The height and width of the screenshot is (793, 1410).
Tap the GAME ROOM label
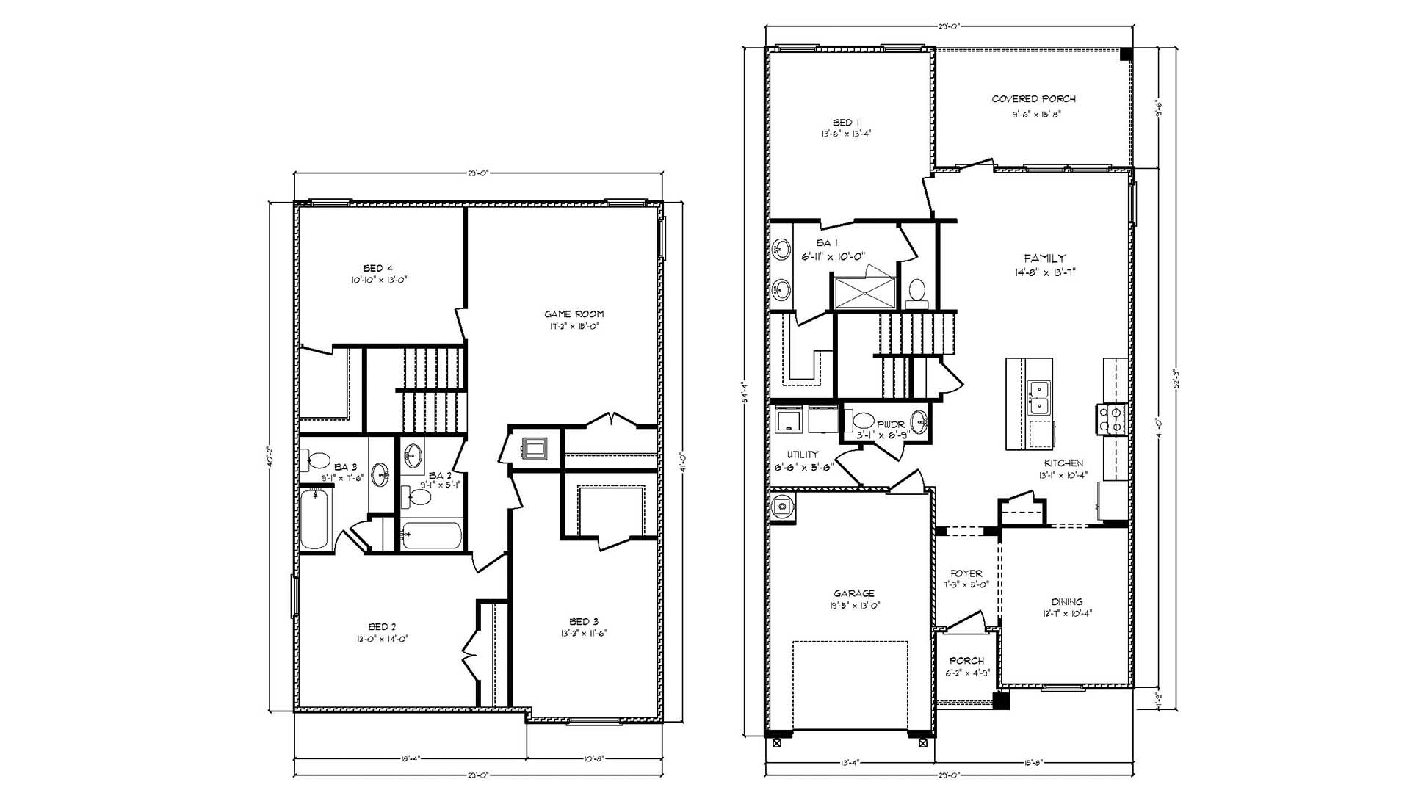click(574, 314)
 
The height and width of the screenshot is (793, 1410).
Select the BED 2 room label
click(382, 626)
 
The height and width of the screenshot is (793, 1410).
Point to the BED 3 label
click(584, 622)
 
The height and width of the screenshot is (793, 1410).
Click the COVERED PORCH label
click(1033, 99)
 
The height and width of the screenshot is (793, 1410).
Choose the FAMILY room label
click(1044, 258)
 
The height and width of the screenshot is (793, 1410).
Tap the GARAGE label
click(854, 593)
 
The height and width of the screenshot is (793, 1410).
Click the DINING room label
click(1066, 602)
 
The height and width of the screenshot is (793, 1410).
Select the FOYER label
click(966, 573)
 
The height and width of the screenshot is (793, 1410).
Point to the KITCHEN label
click(1063, 463)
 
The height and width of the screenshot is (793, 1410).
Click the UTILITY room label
click(802, 455)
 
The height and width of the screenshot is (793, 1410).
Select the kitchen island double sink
click(1038, 397)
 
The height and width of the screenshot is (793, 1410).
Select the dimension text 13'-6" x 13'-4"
click(846, 134)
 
